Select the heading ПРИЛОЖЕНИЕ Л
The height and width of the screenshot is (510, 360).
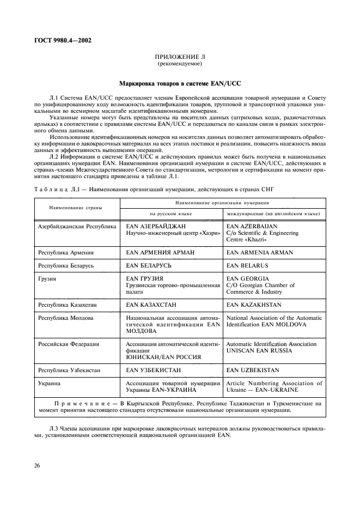(180, 57)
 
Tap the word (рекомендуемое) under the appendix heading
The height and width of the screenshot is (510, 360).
(180, 64)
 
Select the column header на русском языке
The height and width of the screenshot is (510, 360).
(172, 214)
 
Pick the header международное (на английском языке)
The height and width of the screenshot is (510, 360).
(274, 214)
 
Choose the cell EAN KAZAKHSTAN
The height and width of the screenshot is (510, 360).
(254, 305)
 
